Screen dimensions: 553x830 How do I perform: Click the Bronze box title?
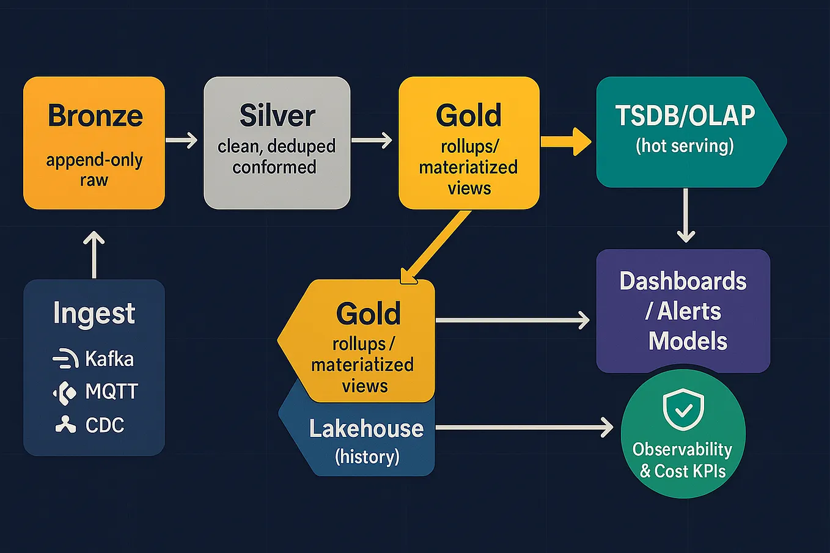[x=95, y=116]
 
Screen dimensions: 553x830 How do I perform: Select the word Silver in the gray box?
[x=277, y=116]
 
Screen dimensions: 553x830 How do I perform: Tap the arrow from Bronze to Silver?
[x=182, y=141]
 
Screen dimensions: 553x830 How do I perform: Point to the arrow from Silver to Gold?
[x=372, y=141]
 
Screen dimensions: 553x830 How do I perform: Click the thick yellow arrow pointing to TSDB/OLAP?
[x=566, y=142]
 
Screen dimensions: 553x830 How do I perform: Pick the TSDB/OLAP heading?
[x=685, y=116]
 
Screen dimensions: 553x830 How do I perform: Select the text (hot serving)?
[x=685, y=146]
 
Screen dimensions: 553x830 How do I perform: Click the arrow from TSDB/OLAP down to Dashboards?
[x=686, y=215]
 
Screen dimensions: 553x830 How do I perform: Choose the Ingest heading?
[x=94, y=313]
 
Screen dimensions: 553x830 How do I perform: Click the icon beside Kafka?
[x=65, y=359]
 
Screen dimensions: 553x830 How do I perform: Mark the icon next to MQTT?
[x=65, y=392]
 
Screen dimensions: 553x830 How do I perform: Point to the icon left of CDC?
[x=65, y=425]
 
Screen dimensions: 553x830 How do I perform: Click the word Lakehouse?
[x=366, y=429]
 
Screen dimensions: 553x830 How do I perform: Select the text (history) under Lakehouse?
[x=367, y=456]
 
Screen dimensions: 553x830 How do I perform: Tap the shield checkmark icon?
[x=683, y=409]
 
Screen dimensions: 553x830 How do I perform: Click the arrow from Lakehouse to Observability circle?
[x=524, y=427]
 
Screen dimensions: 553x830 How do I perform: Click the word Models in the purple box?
[x=688, y=341]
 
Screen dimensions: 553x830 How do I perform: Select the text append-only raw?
[x=94, y=170]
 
